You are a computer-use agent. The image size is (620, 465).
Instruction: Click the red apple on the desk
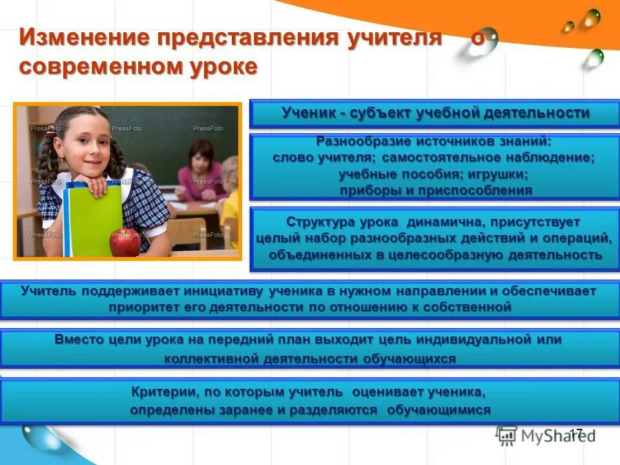[125, 242]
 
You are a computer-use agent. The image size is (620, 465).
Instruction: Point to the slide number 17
[576, 433]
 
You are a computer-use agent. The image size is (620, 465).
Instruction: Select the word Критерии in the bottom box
[163, 392]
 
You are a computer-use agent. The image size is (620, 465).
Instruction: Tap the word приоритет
[139, 307]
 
